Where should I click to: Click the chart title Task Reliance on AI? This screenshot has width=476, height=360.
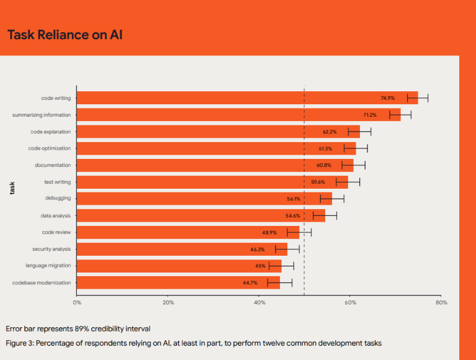tap(65, 34)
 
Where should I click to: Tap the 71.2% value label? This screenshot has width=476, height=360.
tap(370, 115)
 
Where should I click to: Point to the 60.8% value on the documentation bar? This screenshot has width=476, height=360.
tap(324, 165)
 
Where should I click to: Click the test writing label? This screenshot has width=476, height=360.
tap(57, 182)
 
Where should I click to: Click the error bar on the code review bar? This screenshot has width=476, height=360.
tap(299, 232)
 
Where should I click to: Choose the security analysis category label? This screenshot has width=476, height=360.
tap(52, 249)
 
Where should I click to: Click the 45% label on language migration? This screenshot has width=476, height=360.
tap(261, 266)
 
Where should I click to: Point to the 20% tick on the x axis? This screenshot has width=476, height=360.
tap(168, 302)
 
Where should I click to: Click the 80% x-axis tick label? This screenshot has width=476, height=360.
tap(441, 302)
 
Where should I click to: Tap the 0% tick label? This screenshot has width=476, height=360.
tap(77, 302)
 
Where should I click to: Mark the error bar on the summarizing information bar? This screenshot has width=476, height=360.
tap(400, 115)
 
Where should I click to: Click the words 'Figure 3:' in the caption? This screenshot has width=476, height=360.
tap(22, 343)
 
